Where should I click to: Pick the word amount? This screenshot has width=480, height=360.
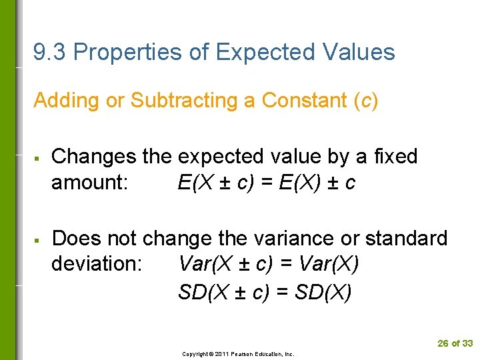pyautogui.click(x=90, y=182)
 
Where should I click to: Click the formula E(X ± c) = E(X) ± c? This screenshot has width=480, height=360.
pyautogui.click(x=267, y=182)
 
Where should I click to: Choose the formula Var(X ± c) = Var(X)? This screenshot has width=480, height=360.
pyautogui.click(x=269, y=263)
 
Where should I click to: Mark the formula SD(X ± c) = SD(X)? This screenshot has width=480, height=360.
pyautogui.click(x=265, y=292)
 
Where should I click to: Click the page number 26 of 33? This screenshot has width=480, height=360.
pyautogui.click(x=455, y=343)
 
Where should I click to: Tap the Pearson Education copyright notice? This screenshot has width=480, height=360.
pyautogui.click(x=238, y=354)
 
